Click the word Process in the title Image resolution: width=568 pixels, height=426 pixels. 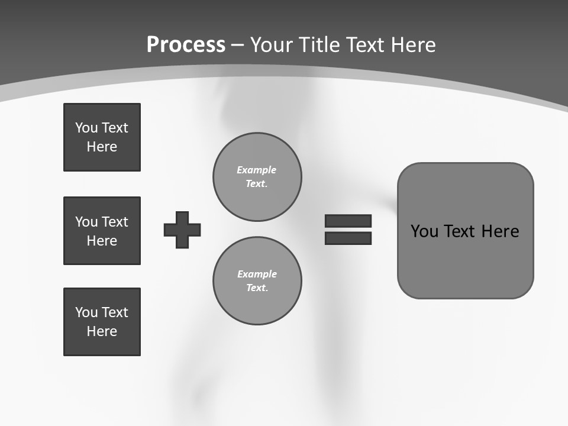[x=186, y=45]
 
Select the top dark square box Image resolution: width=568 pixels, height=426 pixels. [x=102, y=137]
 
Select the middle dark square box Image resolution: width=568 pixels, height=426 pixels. [x=102, y=231]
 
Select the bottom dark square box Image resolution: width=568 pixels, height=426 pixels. [x=102, y=322]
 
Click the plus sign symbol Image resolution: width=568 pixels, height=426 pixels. [x=182, y=230]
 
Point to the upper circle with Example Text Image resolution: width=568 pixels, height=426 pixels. [x=257, y=177]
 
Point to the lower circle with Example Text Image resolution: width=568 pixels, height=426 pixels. [x=257, y=281]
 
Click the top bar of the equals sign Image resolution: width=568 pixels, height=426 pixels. [x=348, y=221]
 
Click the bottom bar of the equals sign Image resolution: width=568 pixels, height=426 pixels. [x=348, y=238]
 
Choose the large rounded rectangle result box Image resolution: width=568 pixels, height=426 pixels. [x=465, y=231]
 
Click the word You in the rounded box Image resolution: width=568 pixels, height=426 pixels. [x=424, y=231]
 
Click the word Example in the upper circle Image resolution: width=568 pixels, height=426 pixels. [x=257, y=170]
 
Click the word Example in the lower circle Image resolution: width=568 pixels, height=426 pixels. [x=257, y=274]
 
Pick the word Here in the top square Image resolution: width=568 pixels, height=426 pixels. [x=102, y=147]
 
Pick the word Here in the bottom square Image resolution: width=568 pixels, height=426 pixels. [x=102, y=331]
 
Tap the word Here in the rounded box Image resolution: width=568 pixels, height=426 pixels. [x=500, y=231]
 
